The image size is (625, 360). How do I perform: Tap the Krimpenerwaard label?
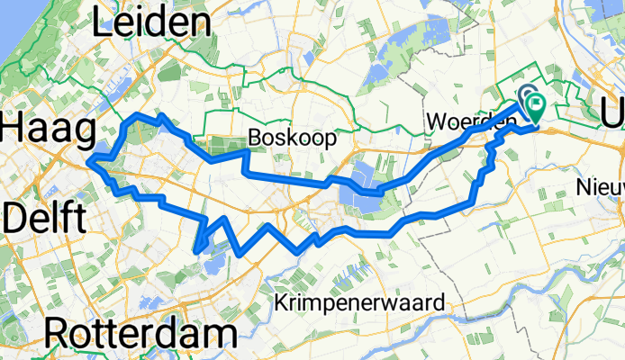click(361, 302)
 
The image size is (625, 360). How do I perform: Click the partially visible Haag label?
click(47, 130)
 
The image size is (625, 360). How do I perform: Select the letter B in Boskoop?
click(255, 139)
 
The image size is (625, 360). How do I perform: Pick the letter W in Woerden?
click(436, 121)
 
